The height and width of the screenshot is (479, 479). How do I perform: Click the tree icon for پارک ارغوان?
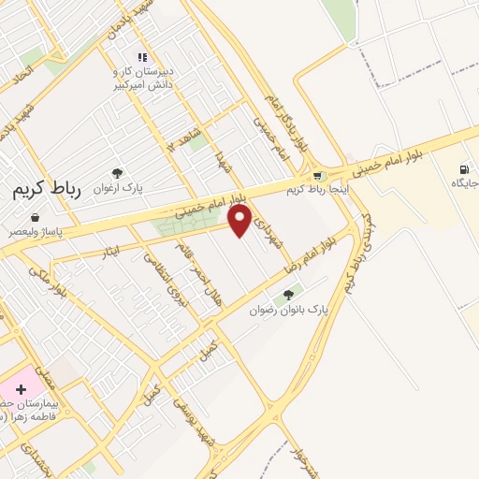coord(117,173)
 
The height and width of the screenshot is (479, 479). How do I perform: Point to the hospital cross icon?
coord(21,388)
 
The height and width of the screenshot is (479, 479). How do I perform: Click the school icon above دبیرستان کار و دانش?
coord(142,57)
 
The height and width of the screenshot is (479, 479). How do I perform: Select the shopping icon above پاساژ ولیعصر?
coord(35,217)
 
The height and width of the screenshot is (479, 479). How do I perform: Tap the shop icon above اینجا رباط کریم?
coord(319,175)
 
